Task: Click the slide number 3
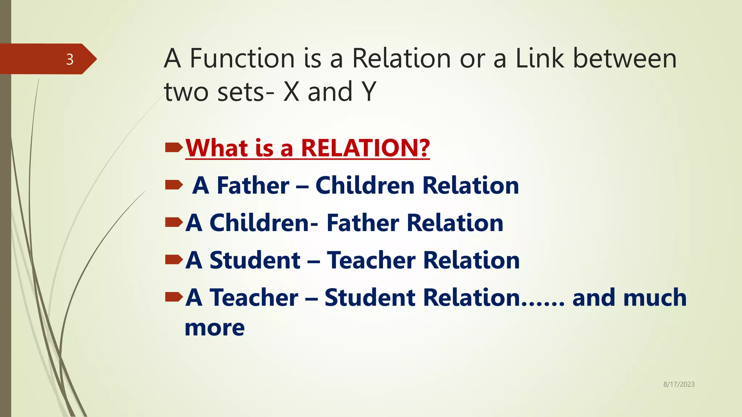pos(70,59)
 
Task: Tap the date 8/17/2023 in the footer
pos(679,384)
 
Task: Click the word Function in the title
pos(242,59)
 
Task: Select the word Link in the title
pos(539,59)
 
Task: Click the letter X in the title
pos(291,92)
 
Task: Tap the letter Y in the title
pos(369,92)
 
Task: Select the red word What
pos(216,148)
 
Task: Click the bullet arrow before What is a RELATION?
pos(174,147)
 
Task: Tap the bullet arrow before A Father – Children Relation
pos(174,185)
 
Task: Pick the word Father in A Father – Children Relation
pos(253,186)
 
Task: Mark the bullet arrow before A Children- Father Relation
pos(174,222)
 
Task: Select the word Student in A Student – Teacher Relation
pos(255,260)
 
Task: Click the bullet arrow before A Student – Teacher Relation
pos(174,260)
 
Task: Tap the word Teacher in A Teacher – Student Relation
pos(254,298)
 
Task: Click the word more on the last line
pos(214,328)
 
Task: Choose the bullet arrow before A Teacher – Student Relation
pos(174,297)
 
